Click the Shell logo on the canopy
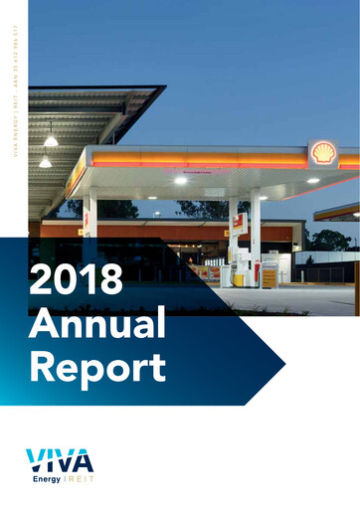click(322, 153)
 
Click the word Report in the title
click(97, 367)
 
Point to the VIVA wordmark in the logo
click(61, 460)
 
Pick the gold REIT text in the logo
click(78, 479)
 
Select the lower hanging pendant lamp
click(44, 161)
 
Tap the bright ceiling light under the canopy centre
click(180, 180)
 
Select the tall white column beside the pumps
click(256, 234)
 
